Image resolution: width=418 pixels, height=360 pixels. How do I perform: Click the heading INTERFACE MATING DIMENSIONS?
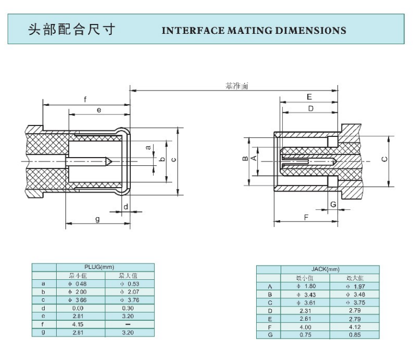(x=254, y=30)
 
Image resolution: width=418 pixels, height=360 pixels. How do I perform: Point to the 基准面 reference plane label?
(x=238, y=86)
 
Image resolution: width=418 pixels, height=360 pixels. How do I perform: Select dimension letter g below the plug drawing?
(x=97, y=219)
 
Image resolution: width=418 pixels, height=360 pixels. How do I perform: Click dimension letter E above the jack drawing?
(x=309, y=97)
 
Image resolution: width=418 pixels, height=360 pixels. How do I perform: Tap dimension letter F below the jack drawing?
(x=306, y=217)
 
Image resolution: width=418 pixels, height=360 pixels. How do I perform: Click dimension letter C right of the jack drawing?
(x=384, y=159)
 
